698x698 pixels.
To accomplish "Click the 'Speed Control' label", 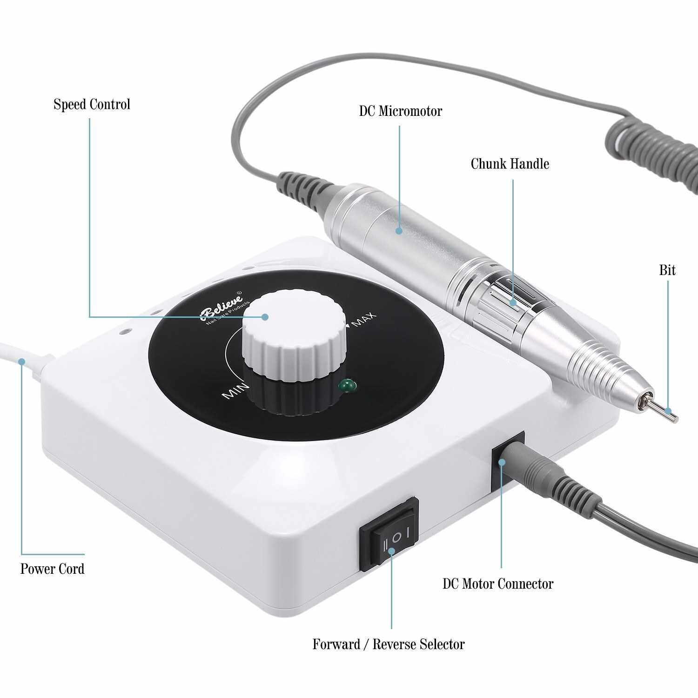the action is click(92, 104).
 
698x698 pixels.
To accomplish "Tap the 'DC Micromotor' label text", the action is click(400, 111).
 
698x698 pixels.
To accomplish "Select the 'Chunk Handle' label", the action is click(510, 164).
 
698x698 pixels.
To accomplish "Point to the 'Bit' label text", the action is click(667, 270).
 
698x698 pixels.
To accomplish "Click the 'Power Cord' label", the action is click(52, 569).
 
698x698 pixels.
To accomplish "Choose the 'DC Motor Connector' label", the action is click(498, 584).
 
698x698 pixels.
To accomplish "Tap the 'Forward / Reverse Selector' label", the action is click(389, 644).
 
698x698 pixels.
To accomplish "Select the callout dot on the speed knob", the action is click(265, 317).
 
